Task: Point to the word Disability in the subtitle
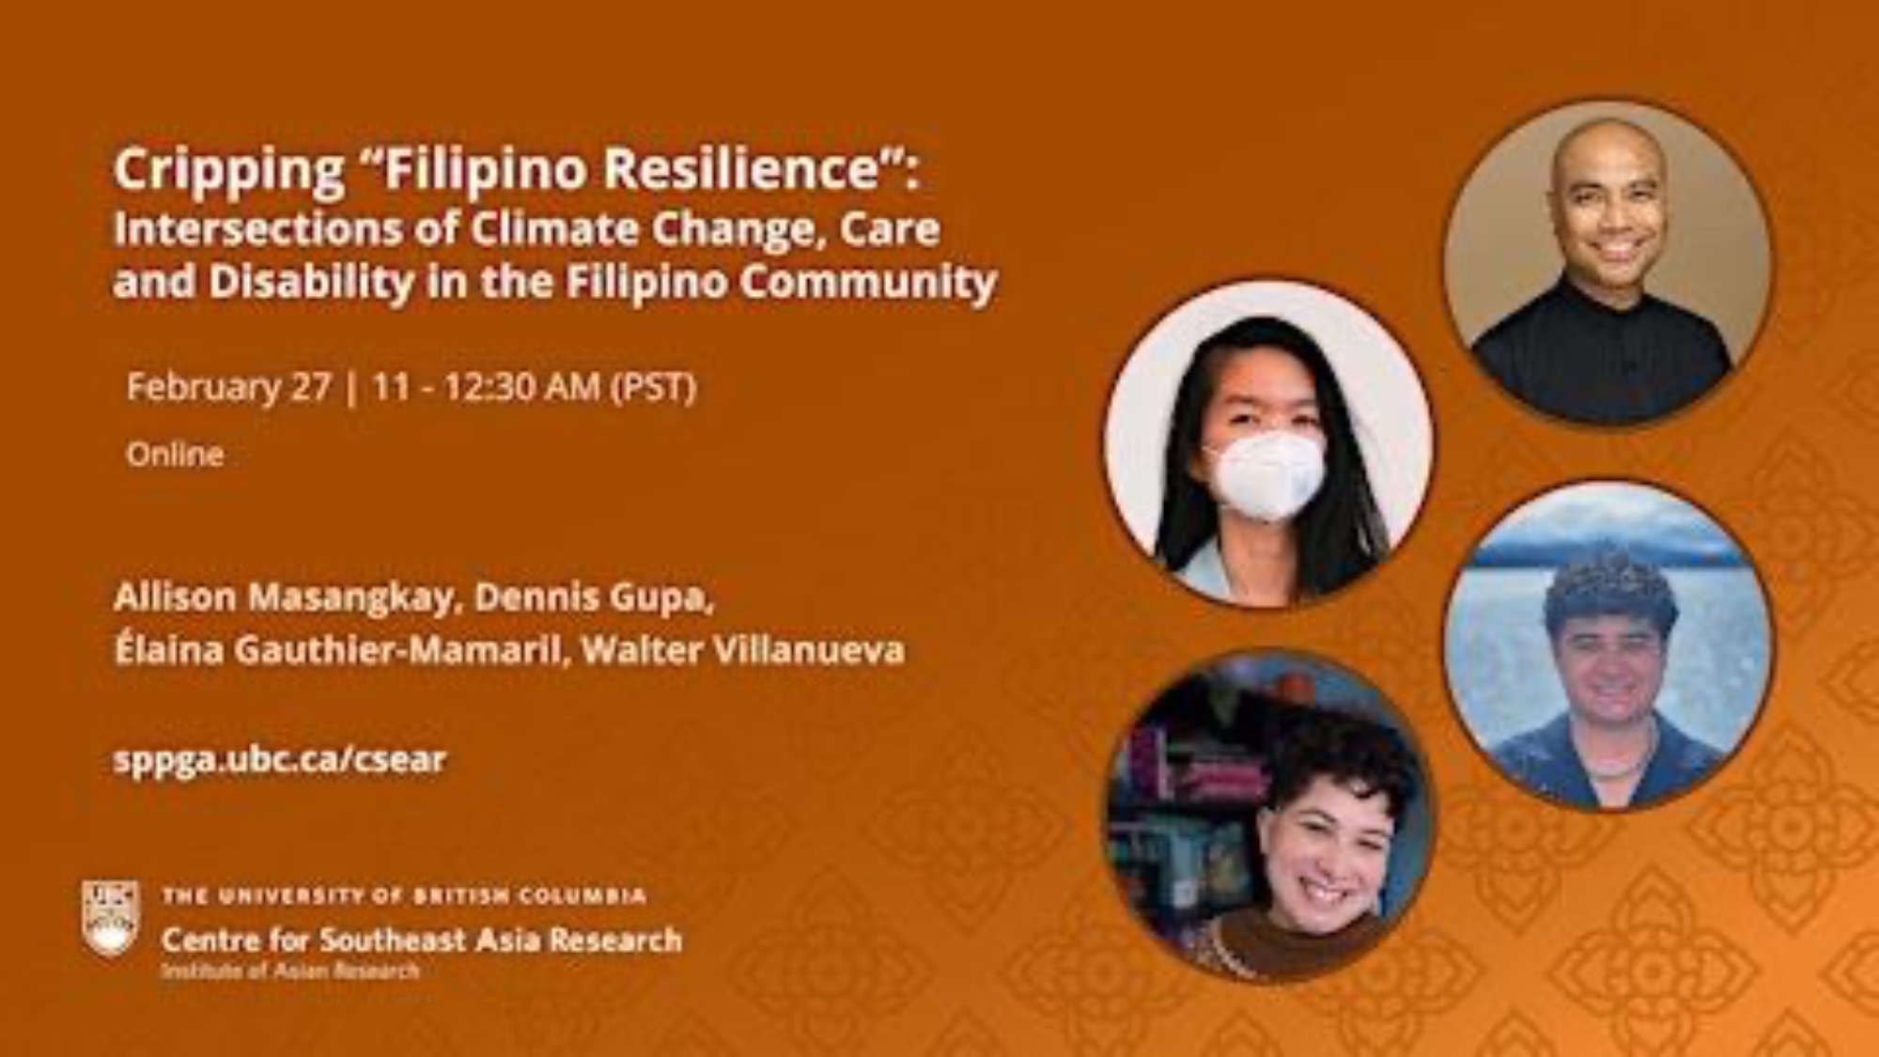pyautogui.click(x=310, y=283)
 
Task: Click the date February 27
pyautogui.click(x=229, y=386)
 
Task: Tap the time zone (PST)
pyautogui.click(x=654, y=387)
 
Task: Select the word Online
pyautogui.click(x=176, y=455)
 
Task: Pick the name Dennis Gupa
pyautogui.click(x=589, y=598)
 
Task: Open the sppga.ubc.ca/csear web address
pyautogui.click(x=280, y=759)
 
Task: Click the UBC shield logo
pyautogui.click(x=111, y=919)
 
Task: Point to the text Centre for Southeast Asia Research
pyautogui.click(x=422, y=939)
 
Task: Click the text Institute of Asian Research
pyautogui.click(x=290, y=971)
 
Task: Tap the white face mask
pyautogui.click(x=1266, y=474)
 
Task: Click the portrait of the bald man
pyautogui.click(x=1607, y=264)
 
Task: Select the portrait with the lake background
pyautogui.click(x=1607, y=646)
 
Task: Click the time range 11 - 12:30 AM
pyautogui.click(x=487, y=386)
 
